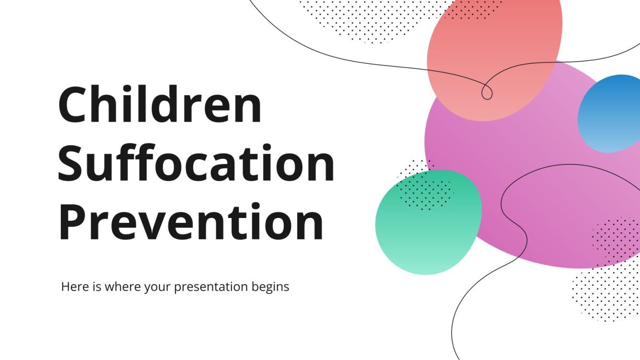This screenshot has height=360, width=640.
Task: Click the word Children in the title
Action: (x=160, y=104)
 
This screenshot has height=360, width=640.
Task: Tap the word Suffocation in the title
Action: (x=196, y=163)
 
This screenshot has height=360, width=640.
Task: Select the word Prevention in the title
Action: (x=191, y=222)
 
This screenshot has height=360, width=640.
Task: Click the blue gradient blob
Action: (x=610, y=114)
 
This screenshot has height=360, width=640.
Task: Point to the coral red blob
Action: (x=493, y=53)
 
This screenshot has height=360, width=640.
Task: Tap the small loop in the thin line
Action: (x=486, y=92)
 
